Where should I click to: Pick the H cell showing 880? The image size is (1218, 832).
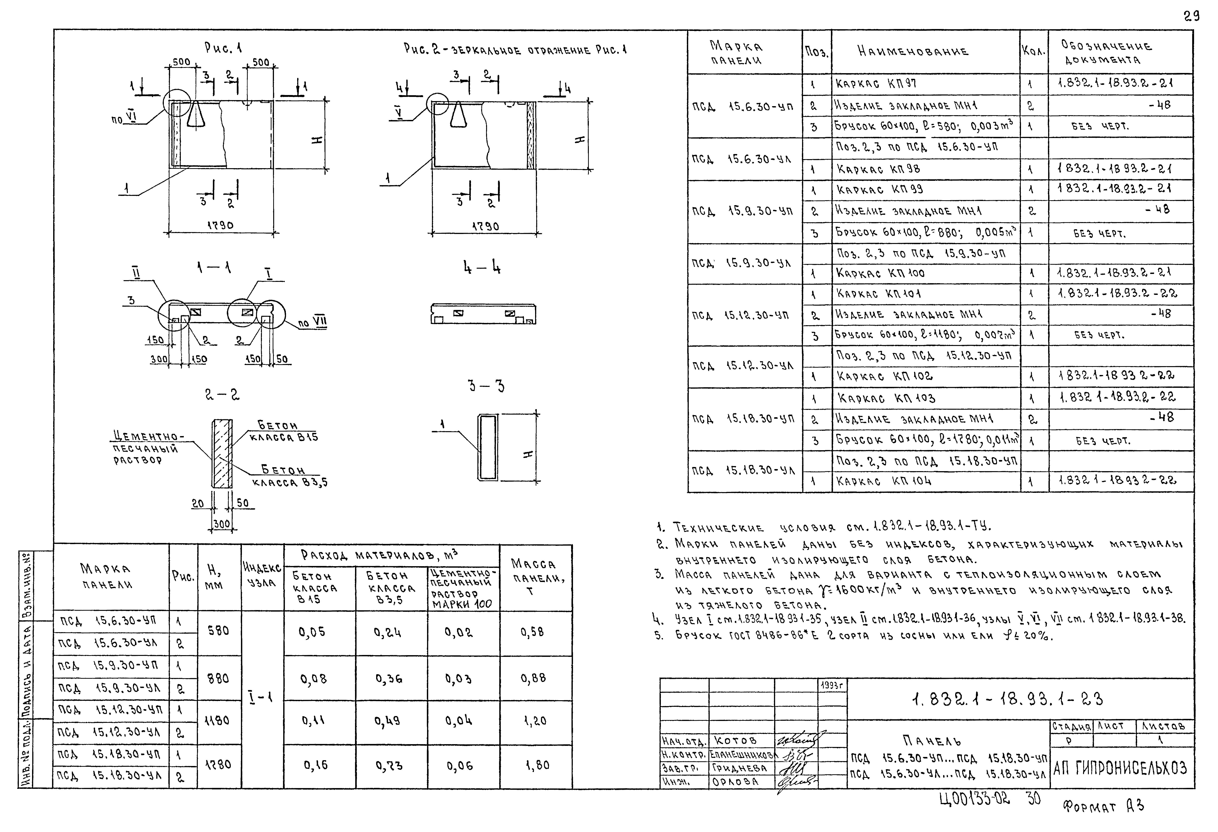pos(219,679)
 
